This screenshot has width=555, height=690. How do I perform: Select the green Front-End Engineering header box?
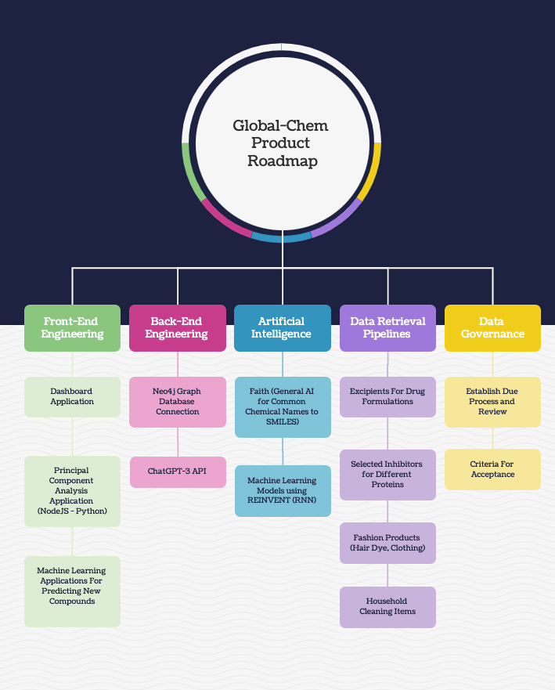point(72,327)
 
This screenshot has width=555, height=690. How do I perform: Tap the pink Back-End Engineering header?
point(178,327)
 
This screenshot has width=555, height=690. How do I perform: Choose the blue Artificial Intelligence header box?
point(283,327)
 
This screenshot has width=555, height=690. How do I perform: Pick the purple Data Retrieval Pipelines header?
point(387,327)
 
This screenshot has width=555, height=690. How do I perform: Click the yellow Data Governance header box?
point(492,327)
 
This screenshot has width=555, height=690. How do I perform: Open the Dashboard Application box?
point(72,396)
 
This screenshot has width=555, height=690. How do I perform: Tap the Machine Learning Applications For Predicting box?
point(72,591)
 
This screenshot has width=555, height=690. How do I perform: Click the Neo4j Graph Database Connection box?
point(178,402)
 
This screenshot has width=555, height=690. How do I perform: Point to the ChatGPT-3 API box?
point(178,471)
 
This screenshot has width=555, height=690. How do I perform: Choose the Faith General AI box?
point(283,406)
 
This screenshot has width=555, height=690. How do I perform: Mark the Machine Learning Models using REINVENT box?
point(283,490)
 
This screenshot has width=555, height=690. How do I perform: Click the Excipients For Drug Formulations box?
point(387,396)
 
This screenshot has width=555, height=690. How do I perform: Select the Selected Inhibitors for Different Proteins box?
point(387,475)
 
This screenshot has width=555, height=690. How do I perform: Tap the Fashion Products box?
point(387,543)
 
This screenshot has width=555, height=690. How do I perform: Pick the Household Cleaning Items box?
point(387,606)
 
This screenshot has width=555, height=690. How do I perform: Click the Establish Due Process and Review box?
point(492,402)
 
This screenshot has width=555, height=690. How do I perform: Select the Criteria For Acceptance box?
point(492,469)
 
